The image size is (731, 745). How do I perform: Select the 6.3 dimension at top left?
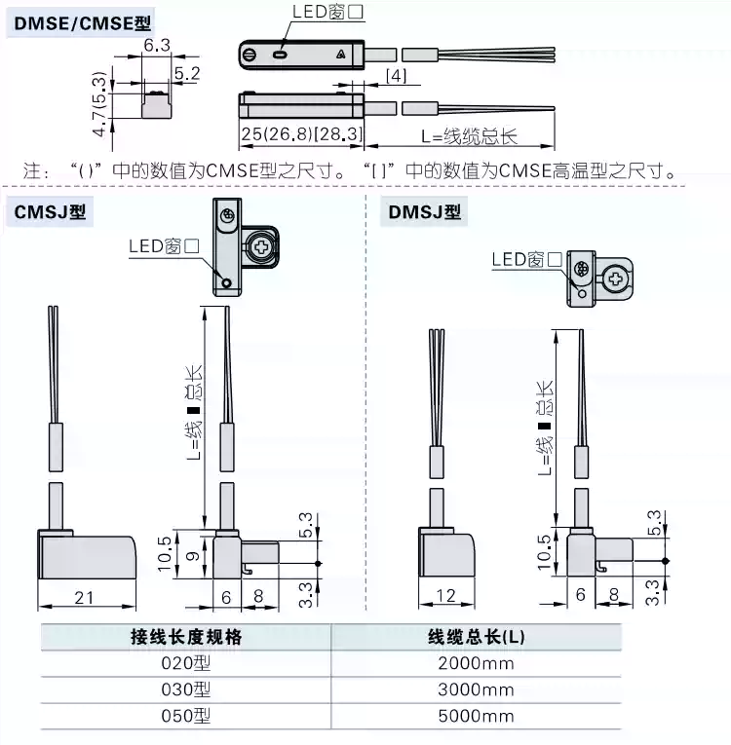coord(157,46)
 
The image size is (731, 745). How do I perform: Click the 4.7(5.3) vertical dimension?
coord(98,101)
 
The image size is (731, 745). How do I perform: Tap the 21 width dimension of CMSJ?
coord(84,597)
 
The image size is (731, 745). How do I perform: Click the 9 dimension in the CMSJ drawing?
coord(192,556)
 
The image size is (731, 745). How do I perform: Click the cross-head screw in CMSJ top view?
coord(260,248)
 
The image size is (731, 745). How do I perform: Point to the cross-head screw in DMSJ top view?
coord(615,279)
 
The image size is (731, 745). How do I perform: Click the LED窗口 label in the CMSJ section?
coord(164,245)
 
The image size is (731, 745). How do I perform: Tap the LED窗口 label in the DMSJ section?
coord(526,259)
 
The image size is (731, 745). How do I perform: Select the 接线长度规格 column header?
coord(185,638)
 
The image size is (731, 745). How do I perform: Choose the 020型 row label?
coord(185,664)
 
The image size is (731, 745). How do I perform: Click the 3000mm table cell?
coord(476,689)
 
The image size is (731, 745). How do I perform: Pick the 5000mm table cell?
coord(476,716)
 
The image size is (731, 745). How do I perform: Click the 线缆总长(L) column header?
coord(476,638)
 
